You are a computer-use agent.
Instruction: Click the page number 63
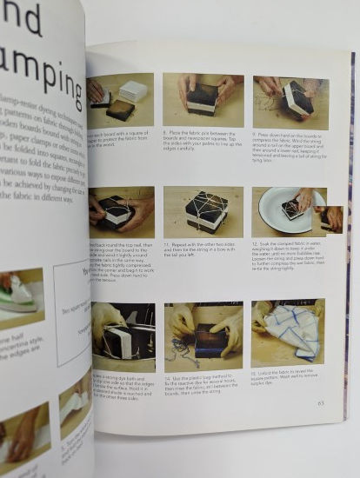[321, 402]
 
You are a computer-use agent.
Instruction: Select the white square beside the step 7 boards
[134, 91]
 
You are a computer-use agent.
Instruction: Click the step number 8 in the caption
[165, 132]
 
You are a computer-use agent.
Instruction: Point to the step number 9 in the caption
[256, 135]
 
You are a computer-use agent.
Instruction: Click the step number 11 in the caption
[166, 246]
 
